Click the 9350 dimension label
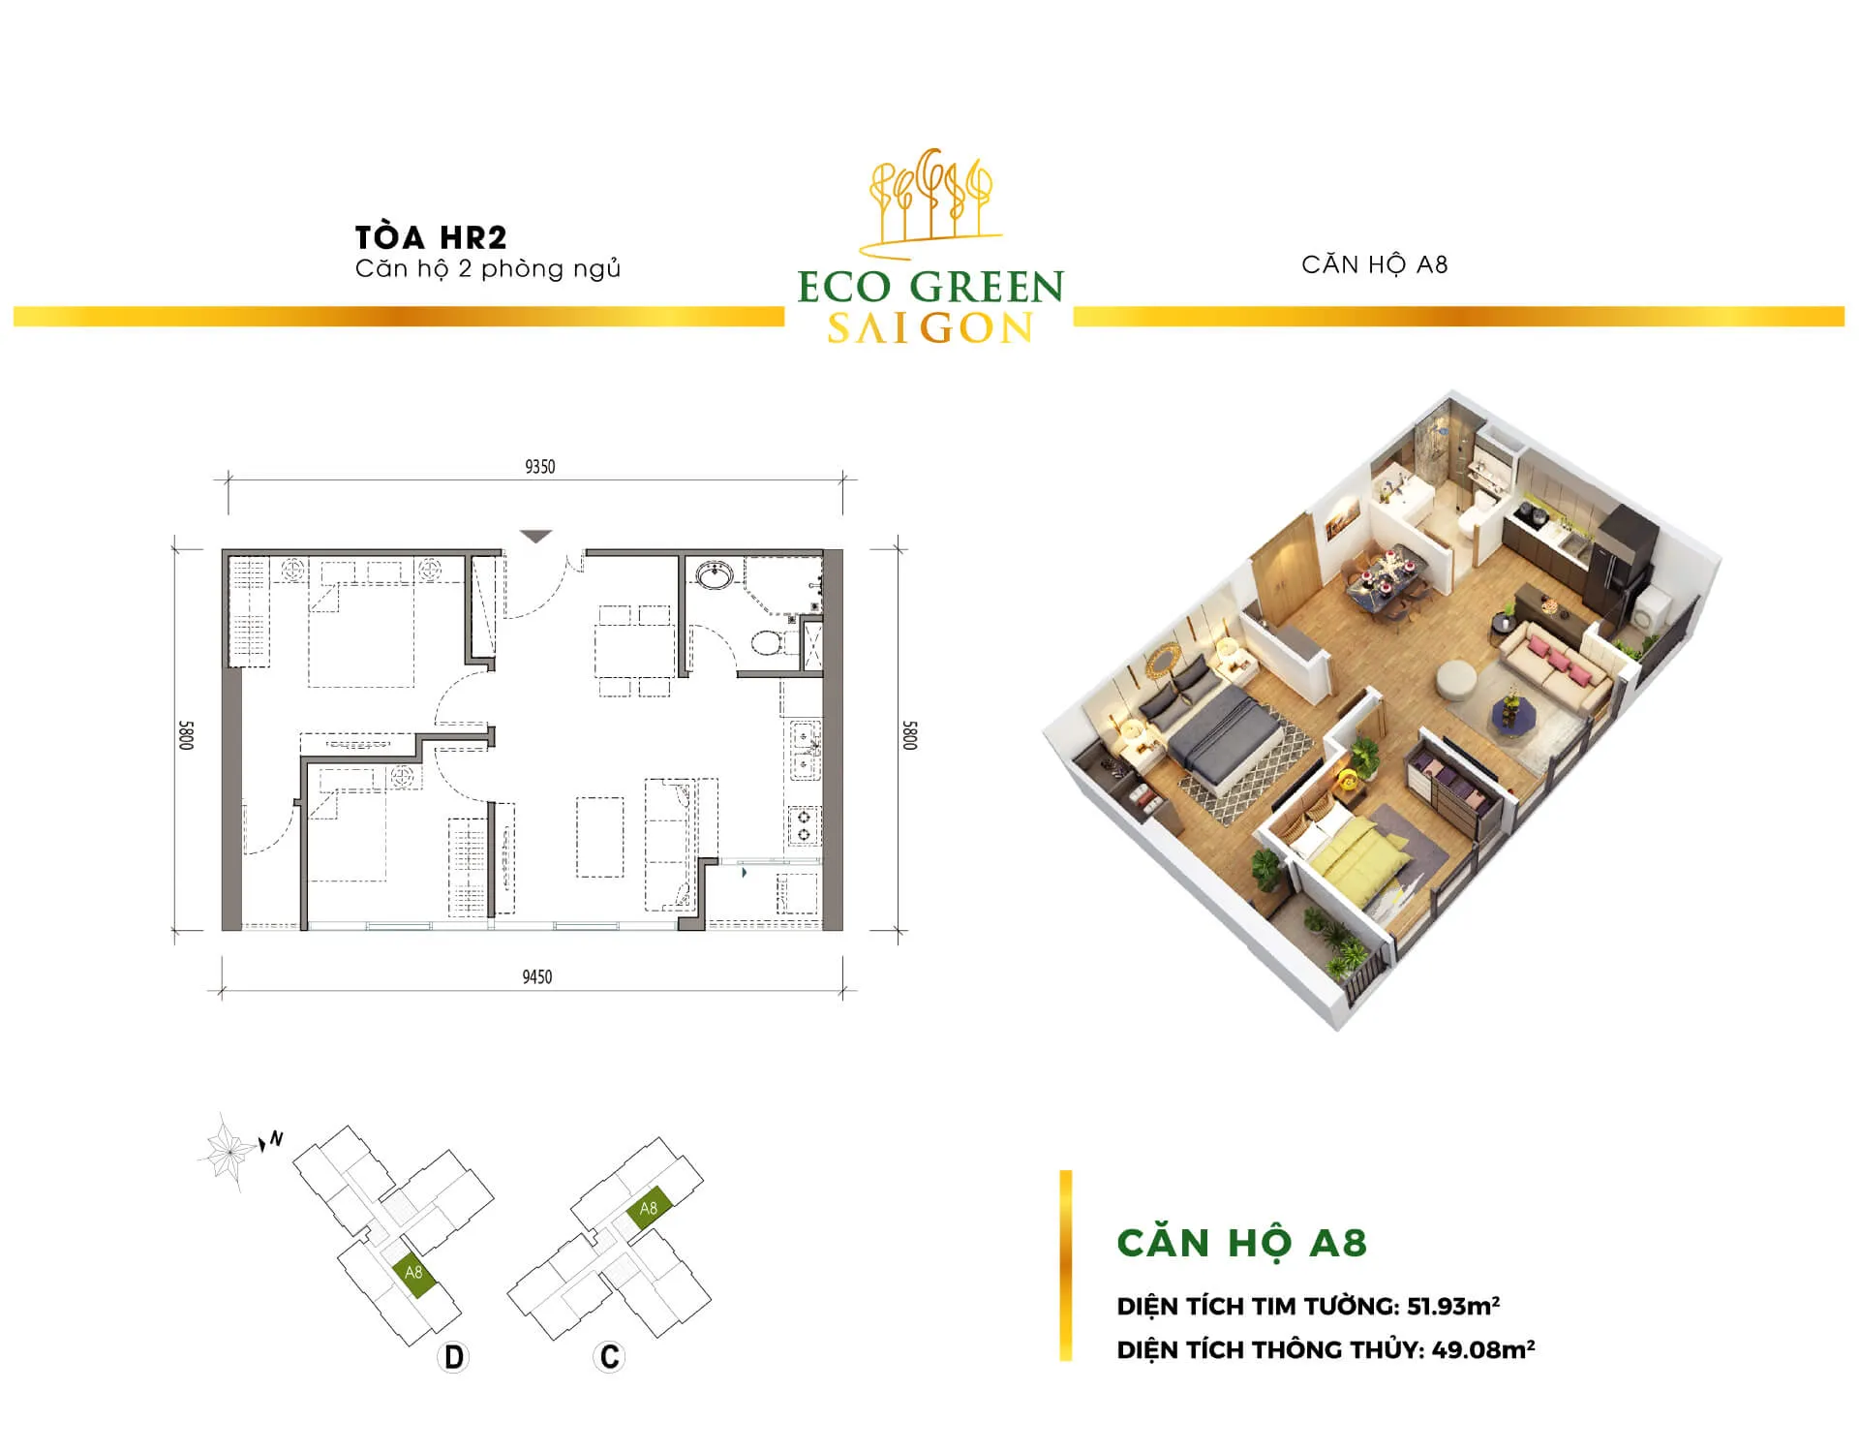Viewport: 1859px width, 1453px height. pos(539,467)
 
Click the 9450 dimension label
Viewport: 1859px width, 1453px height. pos(537,976)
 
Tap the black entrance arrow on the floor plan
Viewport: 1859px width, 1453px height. pos(535,536)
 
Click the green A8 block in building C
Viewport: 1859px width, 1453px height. pos(648,1208)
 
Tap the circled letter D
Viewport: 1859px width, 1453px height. pos(453,1357)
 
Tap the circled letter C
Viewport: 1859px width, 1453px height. pos(609,1356)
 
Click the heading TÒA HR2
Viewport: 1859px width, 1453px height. pos(431,237)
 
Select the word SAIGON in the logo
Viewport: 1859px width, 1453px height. pos(930,328)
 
